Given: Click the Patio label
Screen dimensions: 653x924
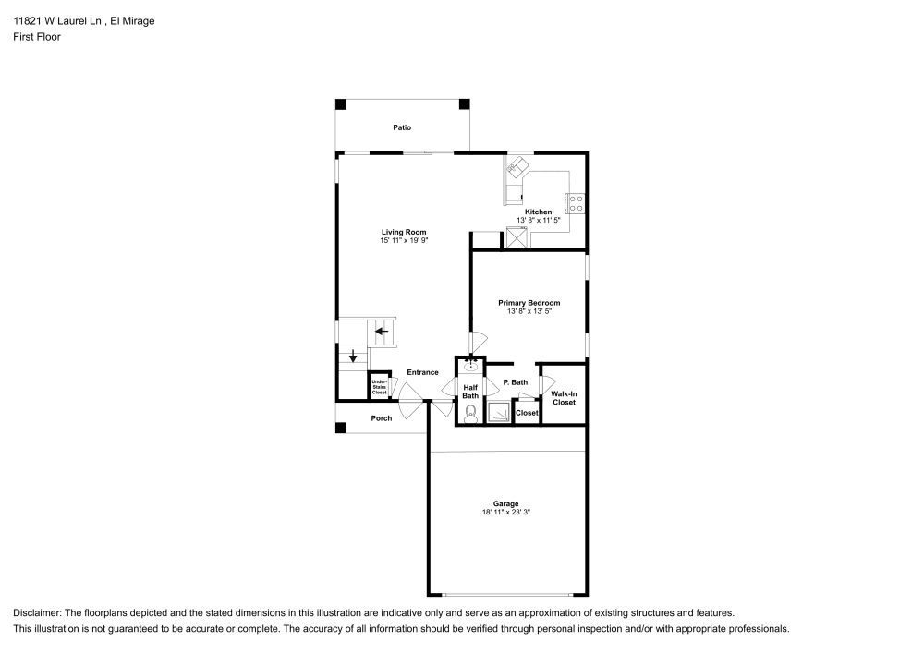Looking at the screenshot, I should tap(402, 127).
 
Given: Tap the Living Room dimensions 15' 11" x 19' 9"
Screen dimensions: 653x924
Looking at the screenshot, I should tap(404, 240).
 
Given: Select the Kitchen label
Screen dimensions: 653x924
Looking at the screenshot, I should tap(538, 212).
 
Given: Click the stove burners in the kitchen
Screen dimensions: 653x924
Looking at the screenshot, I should tap(576, 202).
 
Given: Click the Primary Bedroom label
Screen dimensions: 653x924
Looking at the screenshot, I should tap(529, 303).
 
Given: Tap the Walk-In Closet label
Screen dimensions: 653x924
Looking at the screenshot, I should tap(563, 398).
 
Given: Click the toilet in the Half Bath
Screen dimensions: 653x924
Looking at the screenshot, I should tap(470, 412).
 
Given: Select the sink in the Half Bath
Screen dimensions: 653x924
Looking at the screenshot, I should tap(470, 366).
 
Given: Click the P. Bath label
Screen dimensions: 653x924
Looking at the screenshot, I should tap(515, 382).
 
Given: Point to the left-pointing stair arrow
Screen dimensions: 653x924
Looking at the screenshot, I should tap(381, 331).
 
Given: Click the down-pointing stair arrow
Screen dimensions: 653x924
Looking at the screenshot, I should tap(352, 357).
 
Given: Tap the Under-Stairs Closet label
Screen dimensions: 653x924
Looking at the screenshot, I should tap(379, 387).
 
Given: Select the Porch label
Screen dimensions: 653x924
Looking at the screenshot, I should tap(382, 418).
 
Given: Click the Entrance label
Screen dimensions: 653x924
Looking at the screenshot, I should tap(422, 372).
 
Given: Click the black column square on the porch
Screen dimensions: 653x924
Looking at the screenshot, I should tap(341, 428).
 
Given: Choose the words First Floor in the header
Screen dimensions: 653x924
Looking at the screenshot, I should tap(37, 37).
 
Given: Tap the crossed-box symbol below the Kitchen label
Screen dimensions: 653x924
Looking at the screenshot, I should tap(516, 237).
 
